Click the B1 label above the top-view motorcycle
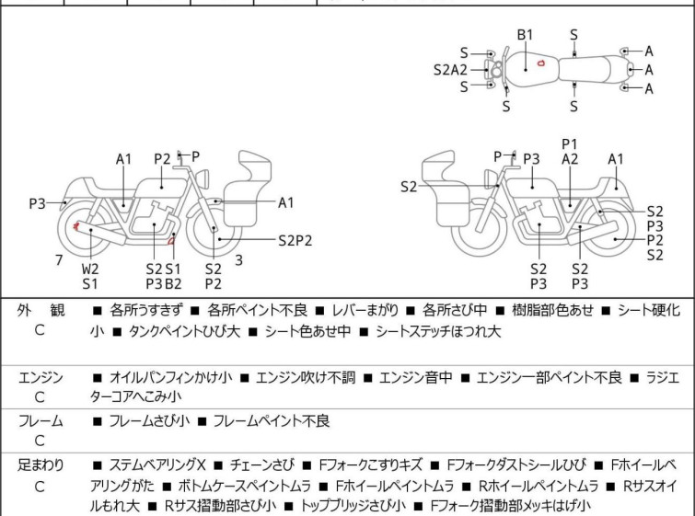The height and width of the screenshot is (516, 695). pyautogui.click(x=525, y=34)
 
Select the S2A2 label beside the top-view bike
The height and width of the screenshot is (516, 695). pyautogui.click(x=451, y=69)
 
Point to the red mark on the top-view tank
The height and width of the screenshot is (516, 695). pyautogui.click(x=541, y=63)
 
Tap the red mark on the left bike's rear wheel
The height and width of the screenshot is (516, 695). pyautogui.click(x=75, y=225)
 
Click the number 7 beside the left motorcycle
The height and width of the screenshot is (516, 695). pyautogui.click(x=59, y=260)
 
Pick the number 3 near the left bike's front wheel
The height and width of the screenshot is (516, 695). pyautogui.click(x=238, y=260)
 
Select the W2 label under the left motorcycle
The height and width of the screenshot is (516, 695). pyautogui.click(x=90, y=269)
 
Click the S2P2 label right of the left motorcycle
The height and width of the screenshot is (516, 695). pyautogui.click(x=295, y=241)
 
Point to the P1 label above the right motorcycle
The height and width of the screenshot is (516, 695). pyautogui.click(x=570, y=143)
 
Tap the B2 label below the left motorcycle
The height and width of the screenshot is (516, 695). pyautogui.click(x=173, y=283)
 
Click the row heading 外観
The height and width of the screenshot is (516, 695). pyautogui.click(x=41, y=311)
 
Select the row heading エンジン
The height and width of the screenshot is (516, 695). pyautogui.click(x=41, y=377)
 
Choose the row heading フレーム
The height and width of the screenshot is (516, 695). pyautogui.click(x=41, y=421)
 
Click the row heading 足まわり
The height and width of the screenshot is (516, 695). pyautogui.click(x=41, y=465)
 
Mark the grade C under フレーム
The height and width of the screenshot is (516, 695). pyautogui.click(x=40, y=441)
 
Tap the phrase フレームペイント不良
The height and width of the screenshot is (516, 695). pyautogui.click(x=271, y=421)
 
